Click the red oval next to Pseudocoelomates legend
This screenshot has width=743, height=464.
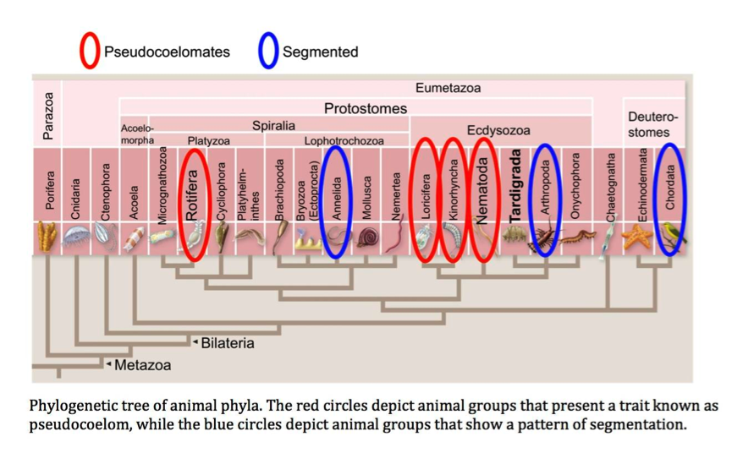pos(91,52)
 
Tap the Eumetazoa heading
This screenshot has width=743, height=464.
pos(449,88)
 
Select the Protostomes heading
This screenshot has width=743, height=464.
pos(366,108)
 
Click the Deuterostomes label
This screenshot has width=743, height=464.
pos(652,123)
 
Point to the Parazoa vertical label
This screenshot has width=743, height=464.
pos(47,115)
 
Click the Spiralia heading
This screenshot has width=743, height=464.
pos(273,125)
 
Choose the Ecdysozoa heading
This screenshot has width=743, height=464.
pos(498,130)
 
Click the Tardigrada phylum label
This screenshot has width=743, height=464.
pos(515,187)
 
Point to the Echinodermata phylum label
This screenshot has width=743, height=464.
pos(641,186)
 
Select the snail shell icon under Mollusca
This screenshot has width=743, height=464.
pos(368,238)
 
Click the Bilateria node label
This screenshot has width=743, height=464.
pos(227,343)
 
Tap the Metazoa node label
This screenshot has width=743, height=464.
pos(142,365)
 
